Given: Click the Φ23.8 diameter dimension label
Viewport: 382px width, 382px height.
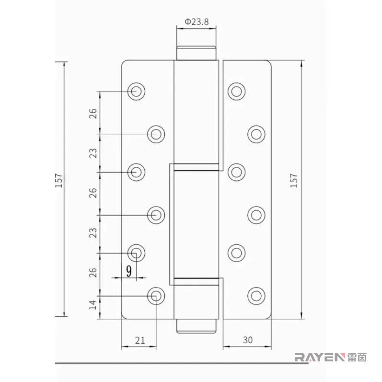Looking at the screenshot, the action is click(x=197, y=22).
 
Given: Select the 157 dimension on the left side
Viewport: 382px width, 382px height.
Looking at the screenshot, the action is click(x=59, y=181).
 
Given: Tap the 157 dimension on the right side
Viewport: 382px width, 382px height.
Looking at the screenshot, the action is click(x=294, y=181).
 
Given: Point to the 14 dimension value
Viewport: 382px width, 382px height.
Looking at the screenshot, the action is click(x=93, y=305).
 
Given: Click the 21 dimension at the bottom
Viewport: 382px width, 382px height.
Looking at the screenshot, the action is click(x=140, y=340).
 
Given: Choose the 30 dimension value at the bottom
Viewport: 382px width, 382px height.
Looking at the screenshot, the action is click(x=248, y=340).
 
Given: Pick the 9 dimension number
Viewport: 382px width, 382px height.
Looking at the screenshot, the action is click(x=129, y=271).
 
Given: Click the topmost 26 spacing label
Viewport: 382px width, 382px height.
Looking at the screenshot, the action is click(x=93, y=114).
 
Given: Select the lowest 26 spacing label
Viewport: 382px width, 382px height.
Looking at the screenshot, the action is click(x=93, y=272).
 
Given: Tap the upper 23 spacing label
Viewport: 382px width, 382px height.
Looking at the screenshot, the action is click(x=93, y=153).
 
